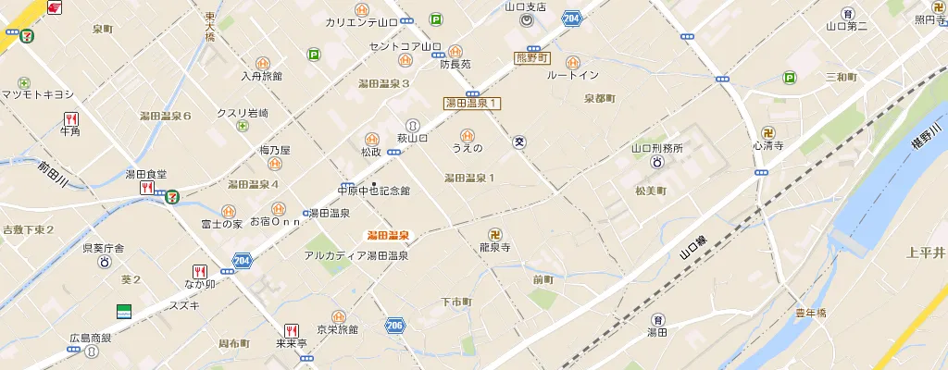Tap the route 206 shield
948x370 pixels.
click(x=395, y=326)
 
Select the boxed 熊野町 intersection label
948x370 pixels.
click(x=531, y=58)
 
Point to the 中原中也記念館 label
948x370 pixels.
click(x=373, y=191)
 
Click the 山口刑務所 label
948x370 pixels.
click(x=656, y=148)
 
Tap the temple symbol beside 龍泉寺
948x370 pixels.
click(x=495, y=234)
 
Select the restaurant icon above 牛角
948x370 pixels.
click(x=71, y=118)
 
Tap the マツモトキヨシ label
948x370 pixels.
click(x=37, y=94)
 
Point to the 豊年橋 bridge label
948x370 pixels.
click(x=811, y=312)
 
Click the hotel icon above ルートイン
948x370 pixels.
click(x=572, y=61)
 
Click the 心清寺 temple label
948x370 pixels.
click(x=767, y=146)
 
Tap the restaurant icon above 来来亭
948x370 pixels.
click(x=291, y=330)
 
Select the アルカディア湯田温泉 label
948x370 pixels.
click(x=356, y=255)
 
